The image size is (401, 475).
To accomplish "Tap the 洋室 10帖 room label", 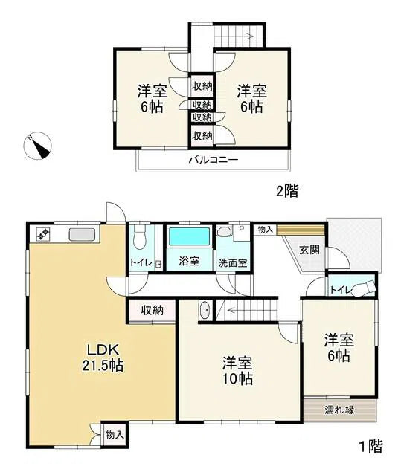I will coord(237,371).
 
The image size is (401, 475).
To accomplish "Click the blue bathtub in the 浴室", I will coord(189,238).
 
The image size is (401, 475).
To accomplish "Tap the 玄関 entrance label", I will coord(309,251).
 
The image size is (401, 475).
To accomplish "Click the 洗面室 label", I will coord(233,262).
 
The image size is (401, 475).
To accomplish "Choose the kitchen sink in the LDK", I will coord(81,234).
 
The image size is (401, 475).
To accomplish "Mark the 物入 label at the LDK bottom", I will coord(114,434).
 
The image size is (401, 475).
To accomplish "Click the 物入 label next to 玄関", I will coord(265,230).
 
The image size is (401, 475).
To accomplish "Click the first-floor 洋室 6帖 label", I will coord(338,348).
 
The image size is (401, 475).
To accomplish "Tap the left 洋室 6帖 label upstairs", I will coord(152,100).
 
